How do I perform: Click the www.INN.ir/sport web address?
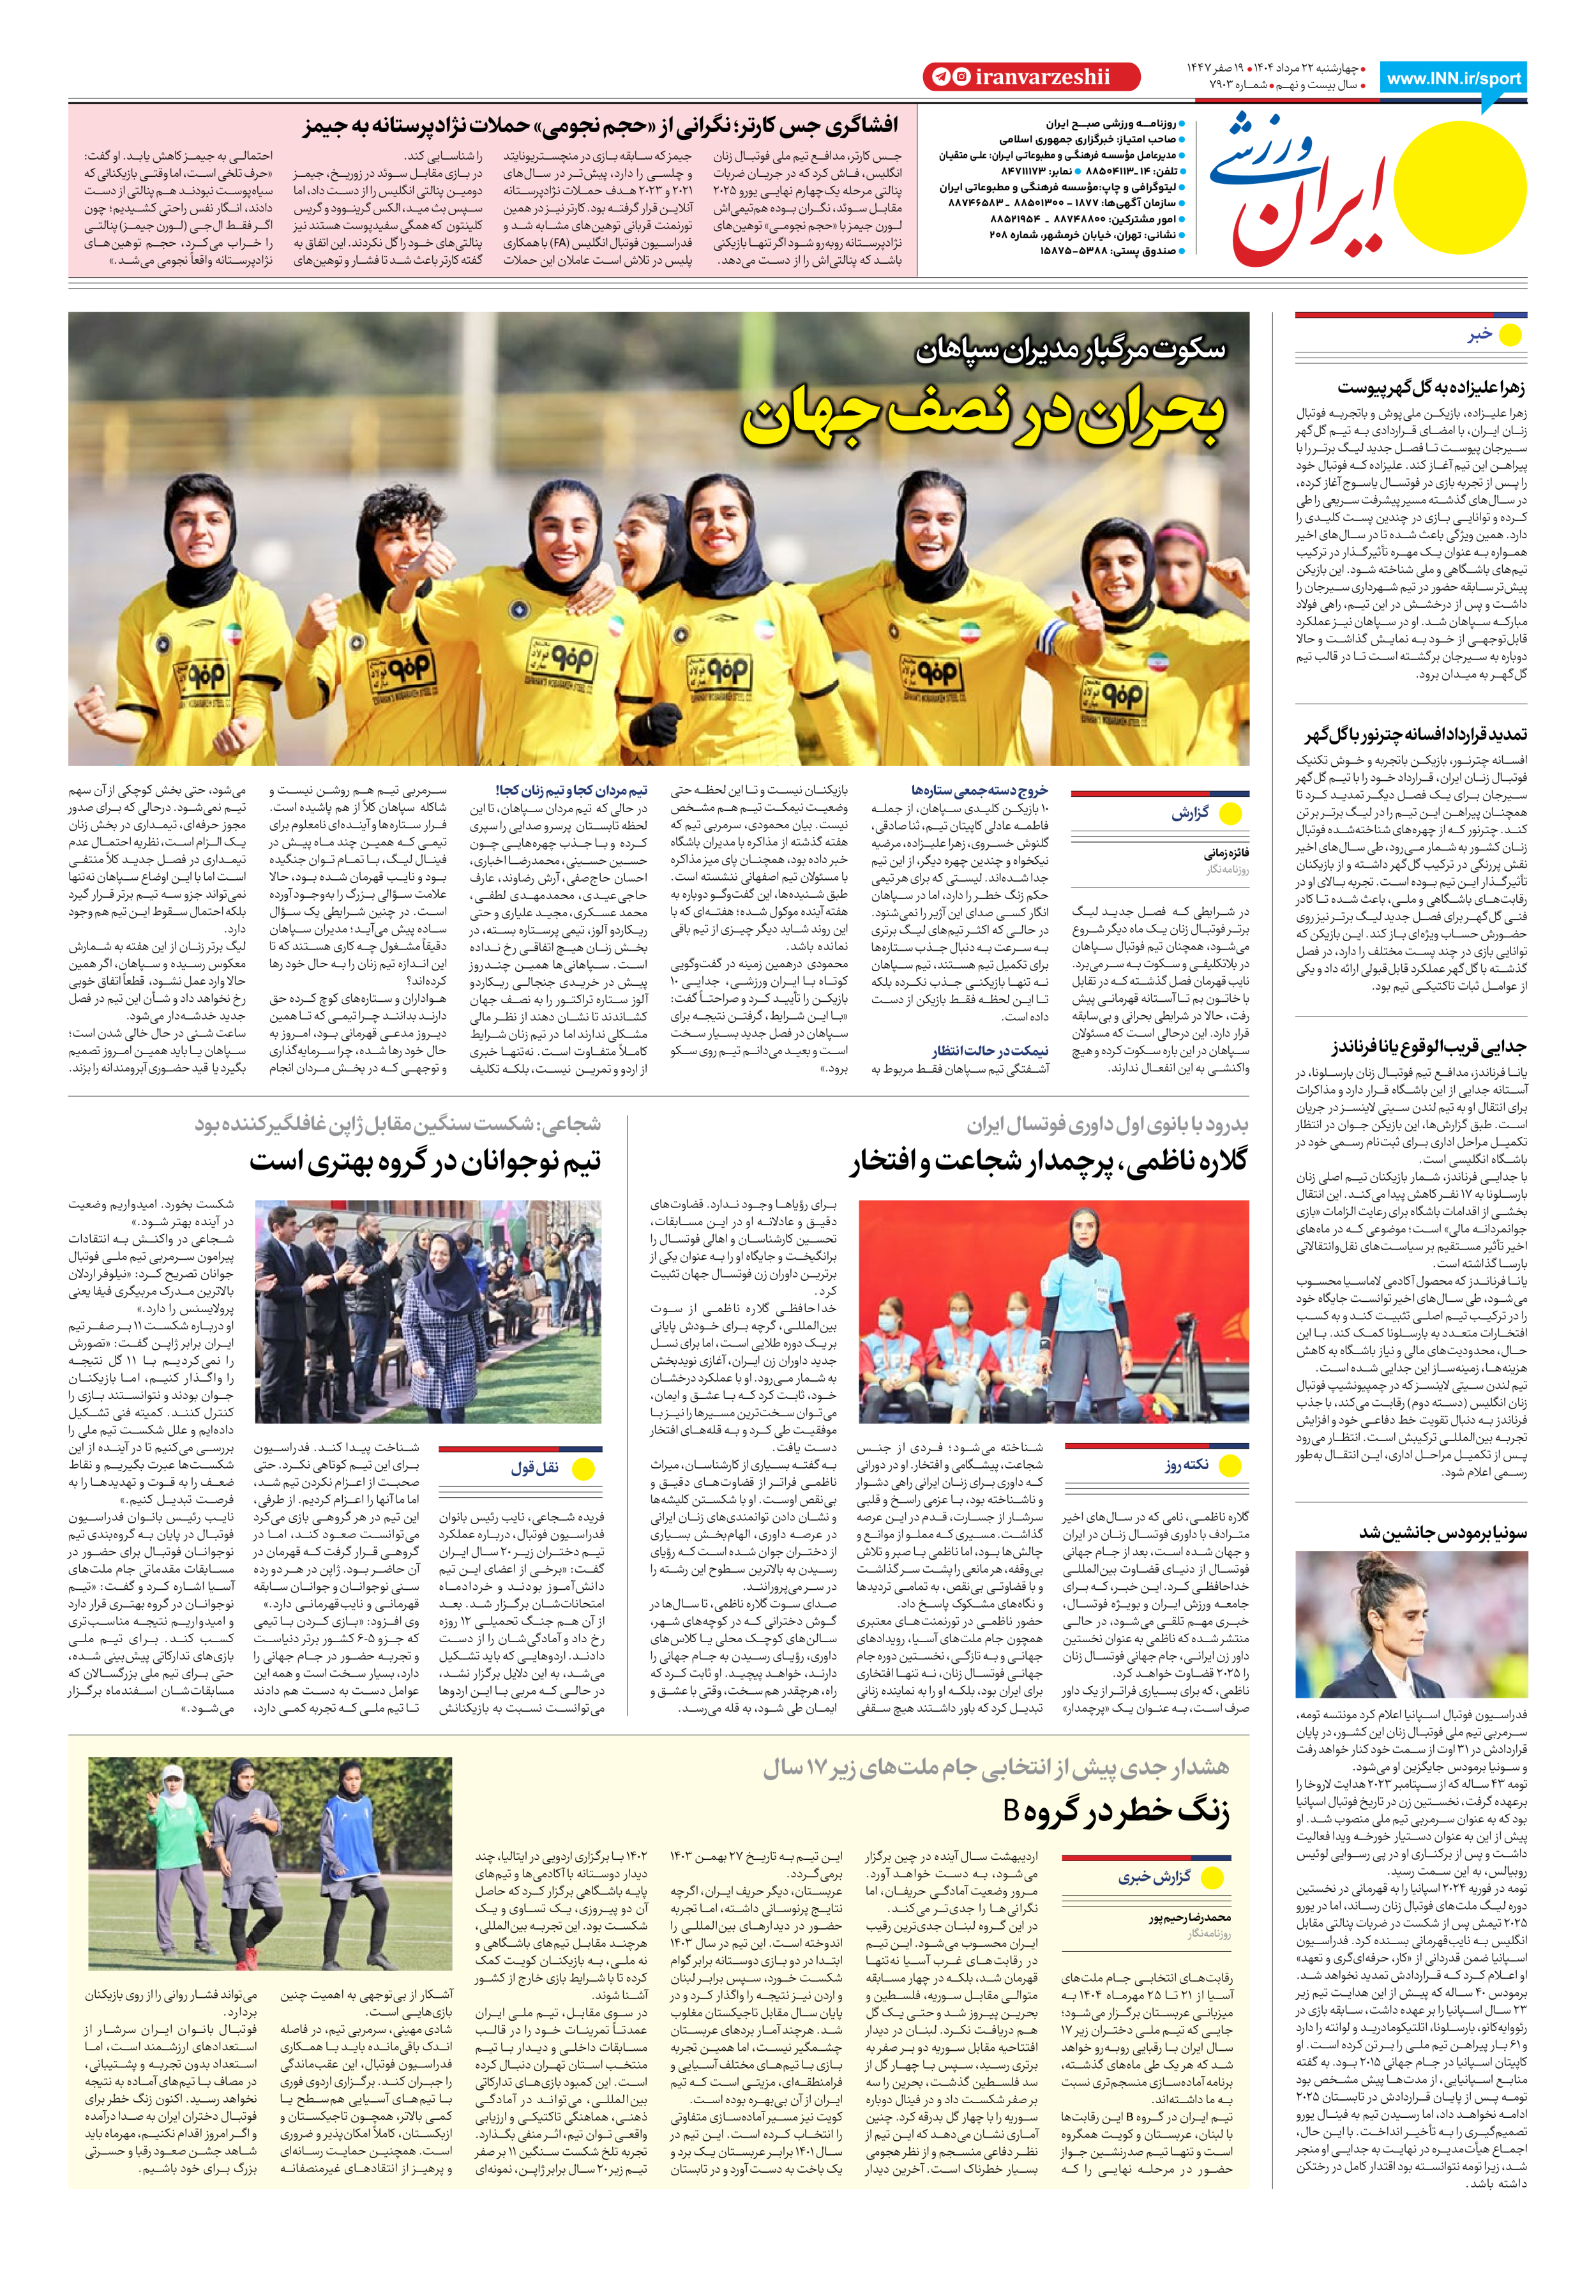coord(1453,79)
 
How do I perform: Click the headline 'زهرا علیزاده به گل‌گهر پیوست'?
coord(1430,388)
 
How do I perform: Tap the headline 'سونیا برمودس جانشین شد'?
coord(1442,1532)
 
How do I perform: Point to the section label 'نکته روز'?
coord(1187,1465)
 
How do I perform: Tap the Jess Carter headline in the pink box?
coord(600,125)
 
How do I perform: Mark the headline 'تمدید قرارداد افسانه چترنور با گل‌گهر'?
coord(1415,735)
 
